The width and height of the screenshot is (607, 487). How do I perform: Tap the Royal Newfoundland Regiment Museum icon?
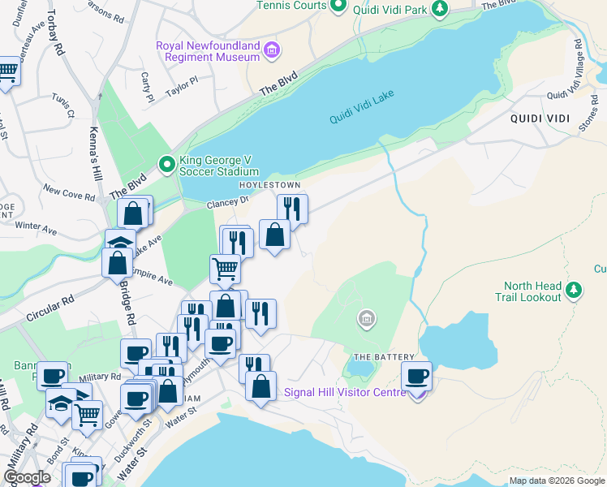(272, 52)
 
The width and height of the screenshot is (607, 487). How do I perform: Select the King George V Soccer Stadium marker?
(167, 165)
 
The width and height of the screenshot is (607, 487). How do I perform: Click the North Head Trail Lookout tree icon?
(574, 288)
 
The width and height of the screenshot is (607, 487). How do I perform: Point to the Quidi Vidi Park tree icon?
(439, 9)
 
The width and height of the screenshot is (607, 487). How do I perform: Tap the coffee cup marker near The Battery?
(416, 377)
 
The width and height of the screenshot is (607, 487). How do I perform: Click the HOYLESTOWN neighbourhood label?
(265, 185)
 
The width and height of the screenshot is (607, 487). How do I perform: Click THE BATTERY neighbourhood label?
(384, 357)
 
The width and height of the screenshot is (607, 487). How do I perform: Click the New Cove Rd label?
(69, 192)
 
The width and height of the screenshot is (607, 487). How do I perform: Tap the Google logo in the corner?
(27, 477)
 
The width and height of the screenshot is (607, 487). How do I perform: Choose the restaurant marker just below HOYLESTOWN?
(292, 209)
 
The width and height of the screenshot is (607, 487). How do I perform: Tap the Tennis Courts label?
(291, 6)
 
